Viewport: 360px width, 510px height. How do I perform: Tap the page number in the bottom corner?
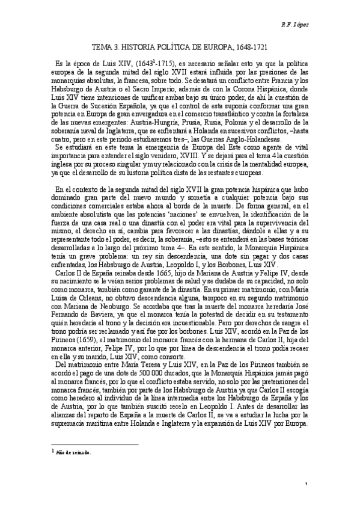[x=307, y=484]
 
